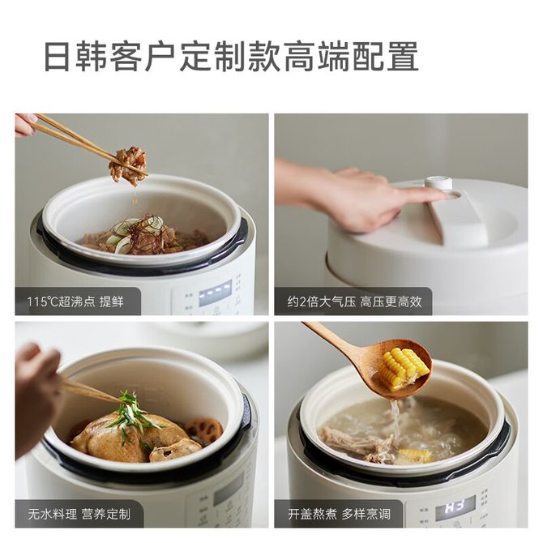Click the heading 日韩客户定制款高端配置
[x=231, y=57]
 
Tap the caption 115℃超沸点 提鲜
[x=75, y=301]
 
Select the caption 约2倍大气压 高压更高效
[x=354, y=301]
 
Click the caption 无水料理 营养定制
[x=79, y=514]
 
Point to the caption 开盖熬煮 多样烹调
[x=339, y=514]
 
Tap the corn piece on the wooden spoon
[x=404, y=368]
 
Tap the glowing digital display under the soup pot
[x=455, y=504]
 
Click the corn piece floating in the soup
[x=414, y=455]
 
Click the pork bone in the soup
[x=357, y=443]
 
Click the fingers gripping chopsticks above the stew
[x=26, y=125]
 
